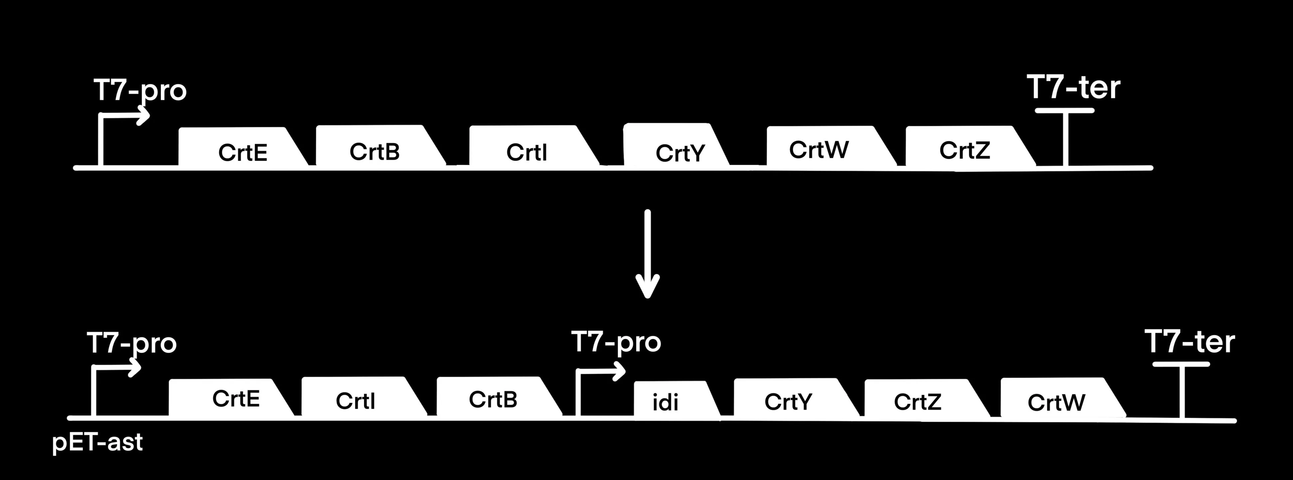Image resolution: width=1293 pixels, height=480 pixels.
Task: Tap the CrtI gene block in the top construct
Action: (x=527, y=147)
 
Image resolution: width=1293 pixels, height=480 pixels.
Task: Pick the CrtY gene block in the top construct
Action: (x=675, y=146)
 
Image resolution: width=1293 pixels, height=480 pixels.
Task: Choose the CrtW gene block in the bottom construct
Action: (x=1056, y=398)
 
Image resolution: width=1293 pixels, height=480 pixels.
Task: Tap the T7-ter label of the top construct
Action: (x=1073, y=88)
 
